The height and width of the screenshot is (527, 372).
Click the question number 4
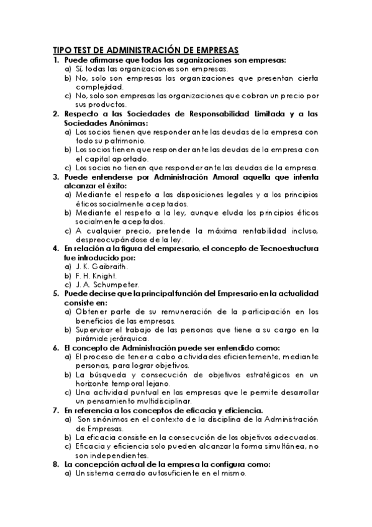(56, 248)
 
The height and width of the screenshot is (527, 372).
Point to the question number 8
(56, 464)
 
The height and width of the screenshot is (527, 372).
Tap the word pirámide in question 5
(90, 339)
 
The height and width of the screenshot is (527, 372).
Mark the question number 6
(56, 348)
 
